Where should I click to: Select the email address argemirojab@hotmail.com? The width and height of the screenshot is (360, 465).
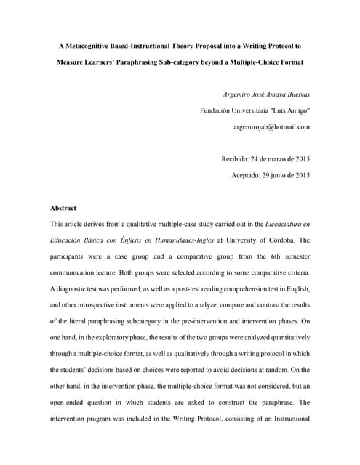click(x=271, y=126)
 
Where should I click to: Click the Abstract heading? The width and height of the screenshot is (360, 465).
click(x=63, y=207)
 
